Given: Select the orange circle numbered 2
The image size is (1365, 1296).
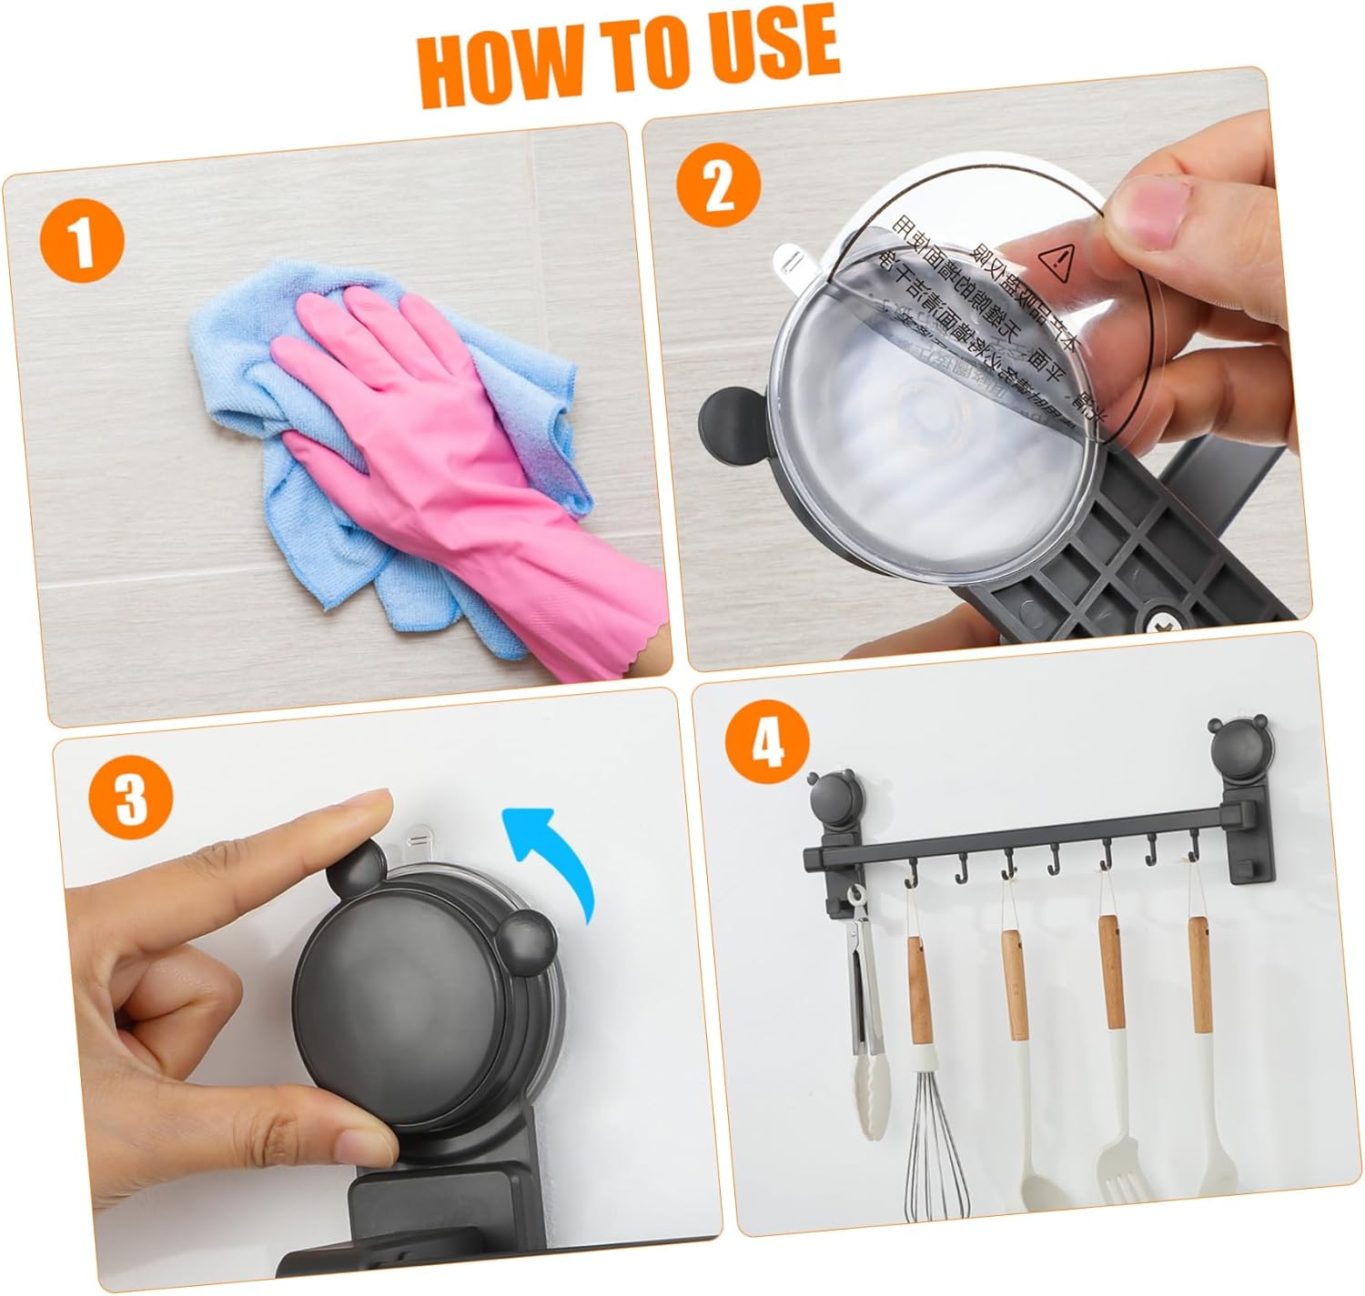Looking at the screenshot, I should tap(719, 186).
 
